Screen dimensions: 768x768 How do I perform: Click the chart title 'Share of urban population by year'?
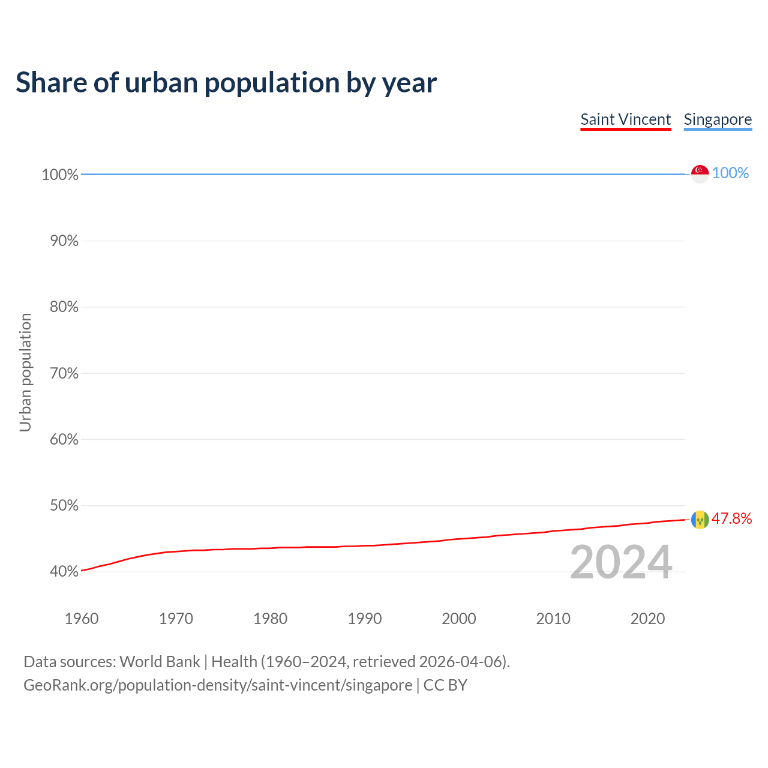226,83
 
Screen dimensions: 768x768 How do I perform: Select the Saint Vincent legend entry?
625,119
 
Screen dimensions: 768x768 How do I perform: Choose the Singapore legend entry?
718,119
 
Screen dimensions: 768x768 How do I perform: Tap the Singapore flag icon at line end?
700,173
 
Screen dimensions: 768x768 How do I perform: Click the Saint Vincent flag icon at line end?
700,520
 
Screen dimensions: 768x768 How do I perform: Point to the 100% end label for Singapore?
730,173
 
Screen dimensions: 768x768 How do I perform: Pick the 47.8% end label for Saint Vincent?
731,519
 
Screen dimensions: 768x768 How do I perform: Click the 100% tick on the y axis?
60,175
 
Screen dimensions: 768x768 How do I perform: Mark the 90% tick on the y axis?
64,241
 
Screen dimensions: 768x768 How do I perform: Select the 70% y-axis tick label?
64,374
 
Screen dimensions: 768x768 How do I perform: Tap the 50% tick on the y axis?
64,506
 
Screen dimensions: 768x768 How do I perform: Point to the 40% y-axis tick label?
64,572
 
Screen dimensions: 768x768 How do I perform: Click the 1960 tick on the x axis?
82,619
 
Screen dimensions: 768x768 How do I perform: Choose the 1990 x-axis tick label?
364,619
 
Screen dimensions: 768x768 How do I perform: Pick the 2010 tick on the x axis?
553,619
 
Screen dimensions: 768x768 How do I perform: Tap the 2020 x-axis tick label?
647,619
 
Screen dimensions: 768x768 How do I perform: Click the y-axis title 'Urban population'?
25,372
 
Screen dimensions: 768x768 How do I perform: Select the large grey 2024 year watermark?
621,563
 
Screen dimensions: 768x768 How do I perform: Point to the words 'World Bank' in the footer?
160,662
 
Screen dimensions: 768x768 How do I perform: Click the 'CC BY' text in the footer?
445,685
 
